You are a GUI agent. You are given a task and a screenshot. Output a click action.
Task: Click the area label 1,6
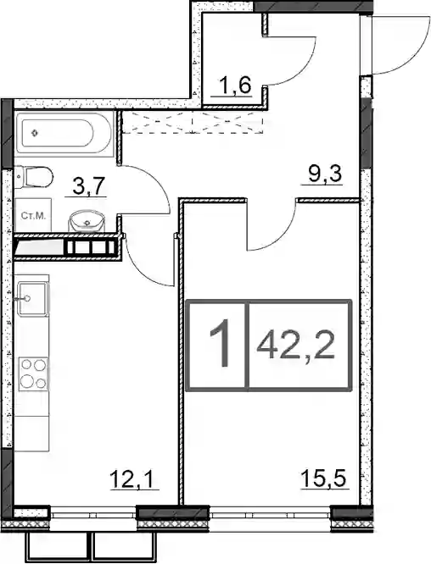pos(235,86)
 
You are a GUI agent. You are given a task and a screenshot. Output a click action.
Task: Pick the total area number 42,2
pos(295,346)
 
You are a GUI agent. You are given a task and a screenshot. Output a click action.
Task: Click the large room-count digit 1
pos(220,344)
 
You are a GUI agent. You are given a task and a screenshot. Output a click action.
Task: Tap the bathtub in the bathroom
pos(64,133)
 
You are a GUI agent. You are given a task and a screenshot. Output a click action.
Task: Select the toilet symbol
pos(34,176)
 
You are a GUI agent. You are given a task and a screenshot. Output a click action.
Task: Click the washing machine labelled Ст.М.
pos(33,215)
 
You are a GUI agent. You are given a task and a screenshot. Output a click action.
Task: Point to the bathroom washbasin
pos(87,220)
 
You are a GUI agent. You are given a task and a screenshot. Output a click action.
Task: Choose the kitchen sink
pos(32,298)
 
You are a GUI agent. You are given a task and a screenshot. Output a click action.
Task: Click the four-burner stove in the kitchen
pos(33,374)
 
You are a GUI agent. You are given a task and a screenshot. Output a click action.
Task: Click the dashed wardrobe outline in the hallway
pos(193,122)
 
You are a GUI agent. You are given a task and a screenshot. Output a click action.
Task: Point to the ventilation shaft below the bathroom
pos(66,247)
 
